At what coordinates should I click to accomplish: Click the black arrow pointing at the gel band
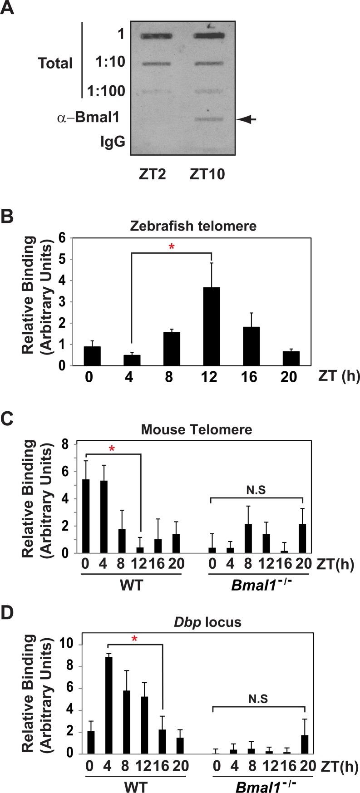point(247,119)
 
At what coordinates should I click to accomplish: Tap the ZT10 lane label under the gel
point(207,174)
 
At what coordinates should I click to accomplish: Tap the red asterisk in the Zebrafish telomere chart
point(172,247)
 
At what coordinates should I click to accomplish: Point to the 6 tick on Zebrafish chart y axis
point(63,238)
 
